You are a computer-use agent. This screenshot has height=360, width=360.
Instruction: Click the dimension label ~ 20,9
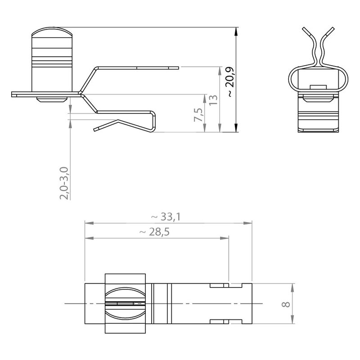coord(230,82)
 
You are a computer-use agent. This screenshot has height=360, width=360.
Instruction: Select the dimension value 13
coord(213,100)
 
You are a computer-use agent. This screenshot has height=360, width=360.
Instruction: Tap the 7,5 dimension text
coord(199,115)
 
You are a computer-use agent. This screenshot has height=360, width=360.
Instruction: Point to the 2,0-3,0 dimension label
coord(64,183)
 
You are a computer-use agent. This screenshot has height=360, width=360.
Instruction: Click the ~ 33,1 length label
coord(166,216)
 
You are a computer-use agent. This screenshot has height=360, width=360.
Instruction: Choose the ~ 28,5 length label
coord(154,232)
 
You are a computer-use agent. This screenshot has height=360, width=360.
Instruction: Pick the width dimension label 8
coord(286,305)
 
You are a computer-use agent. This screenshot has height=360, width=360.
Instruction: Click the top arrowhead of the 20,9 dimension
coord(236,31)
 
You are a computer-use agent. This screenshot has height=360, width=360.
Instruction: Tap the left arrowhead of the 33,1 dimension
coord(89,223)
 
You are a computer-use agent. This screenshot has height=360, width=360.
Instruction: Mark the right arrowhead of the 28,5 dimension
coord(224,238)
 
